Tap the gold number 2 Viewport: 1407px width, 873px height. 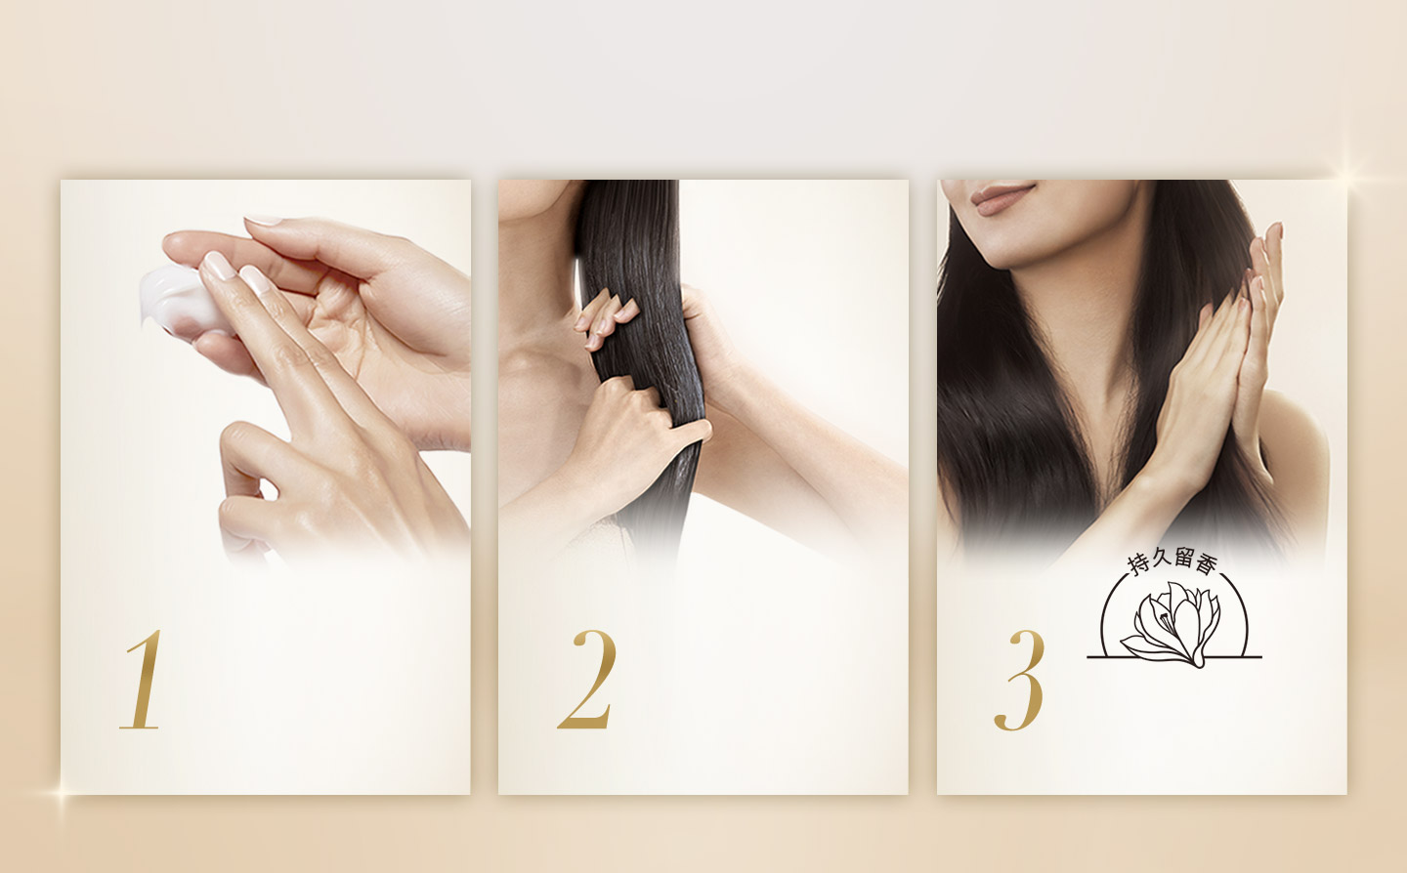pos(585,679)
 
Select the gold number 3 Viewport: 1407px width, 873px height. pos(1020,681)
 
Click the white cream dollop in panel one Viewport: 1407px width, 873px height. pos(178,300)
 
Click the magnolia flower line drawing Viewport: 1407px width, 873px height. pos(1172,624)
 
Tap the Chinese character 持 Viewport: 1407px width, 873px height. pos(1138,564)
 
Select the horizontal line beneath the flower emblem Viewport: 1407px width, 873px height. pos(1174,657)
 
